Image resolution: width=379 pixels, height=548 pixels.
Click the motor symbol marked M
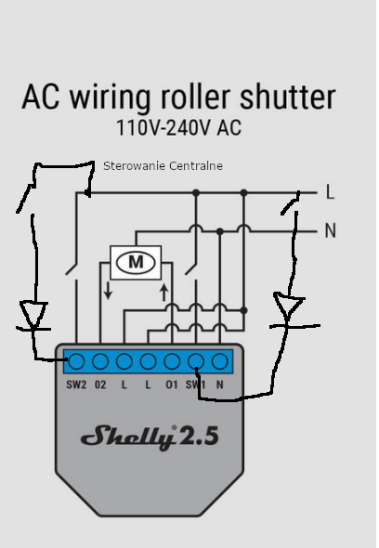[136, 262]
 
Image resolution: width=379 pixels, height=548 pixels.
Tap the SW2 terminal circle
[76, 361]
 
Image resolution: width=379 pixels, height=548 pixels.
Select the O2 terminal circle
[100, 361]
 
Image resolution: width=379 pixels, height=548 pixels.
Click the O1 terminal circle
[172, 361]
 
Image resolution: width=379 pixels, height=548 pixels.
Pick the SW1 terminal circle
[196, 361]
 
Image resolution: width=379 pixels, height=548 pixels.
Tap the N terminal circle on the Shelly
[220, 361]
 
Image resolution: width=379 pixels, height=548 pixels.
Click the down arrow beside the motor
[108, 291]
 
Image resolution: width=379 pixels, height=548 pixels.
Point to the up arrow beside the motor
[164, 293]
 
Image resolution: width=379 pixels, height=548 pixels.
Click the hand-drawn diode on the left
[33, 316]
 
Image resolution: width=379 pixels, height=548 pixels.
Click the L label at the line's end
[330, 192]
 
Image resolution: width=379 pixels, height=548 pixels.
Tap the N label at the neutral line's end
[331, 230]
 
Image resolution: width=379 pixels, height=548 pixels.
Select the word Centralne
[195, 165]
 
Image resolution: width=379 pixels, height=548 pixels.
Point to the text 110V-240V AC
[178, 127]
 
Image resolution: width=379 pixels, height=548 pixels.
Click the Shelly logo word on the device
[127, 437]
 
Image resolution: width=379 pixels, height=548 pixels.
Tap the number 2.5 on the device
[199, 436]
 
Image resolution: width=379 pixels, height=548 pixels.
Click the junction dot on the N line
[219, 231]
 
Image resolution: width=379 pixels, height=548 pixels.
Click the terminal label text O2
[100, 385]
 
